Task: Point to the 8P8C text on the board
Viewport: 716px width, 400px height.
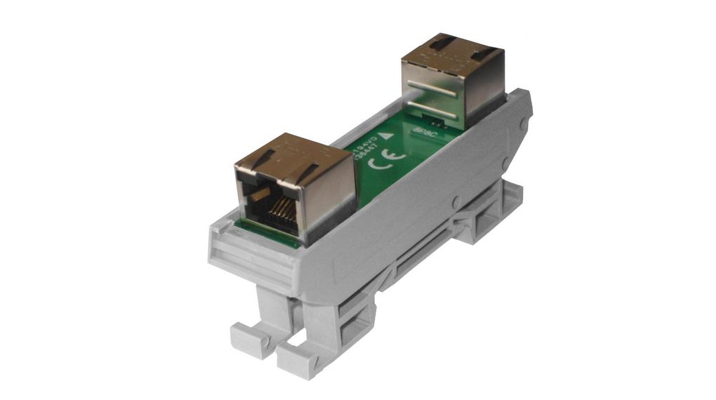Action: (427, 131)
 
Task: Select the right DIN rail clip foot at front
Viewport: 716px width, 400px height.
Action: (298, 358)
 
